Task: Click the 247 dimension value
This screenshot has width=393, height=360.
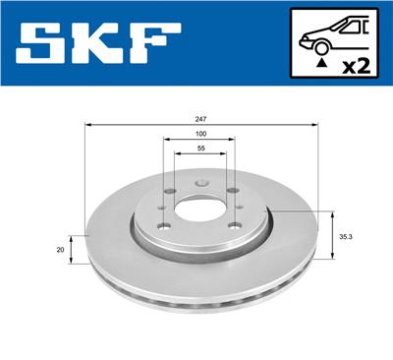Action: coord(201,118)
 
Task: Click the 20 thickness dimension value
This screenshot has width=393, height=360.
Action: coord(60,250)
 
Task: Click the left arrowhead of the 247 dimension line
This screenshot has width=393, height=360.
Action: coord(88,125)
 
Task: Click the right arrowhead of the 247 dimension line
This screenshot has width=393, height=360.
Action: coord(316,125)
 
